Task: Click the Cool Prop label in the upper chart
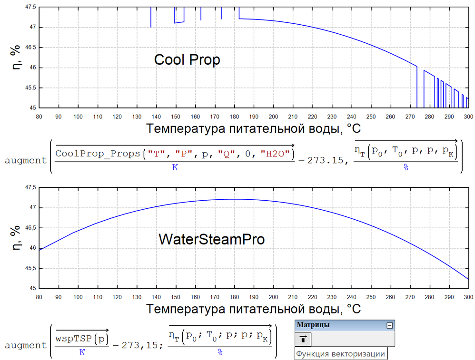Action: click(x=187, y=60)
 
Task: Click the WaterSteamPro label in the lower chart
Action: click(x=211, y=239)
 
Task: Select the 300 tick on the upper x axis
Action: click(x=468, y=116)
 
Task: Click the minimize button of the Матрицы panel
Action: click(x=389, y=325)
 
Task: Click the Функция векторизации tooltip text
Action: click(x=340, y=354)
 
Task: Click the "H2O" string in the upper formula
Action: click(x=277, y=154)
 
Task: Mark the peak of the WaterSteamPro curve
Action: click(x=233, y=199)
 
